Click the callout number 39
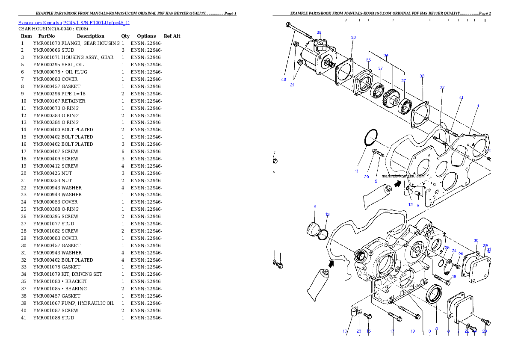click(x=319, y=32)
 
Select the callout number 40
click(x=284, y=80)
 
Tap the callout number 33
click(x=422, y=76)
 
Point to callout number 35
click(x=368, y=60)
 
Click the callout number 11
click(x=357, y=171)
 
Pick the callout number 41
click(x=461, y=98)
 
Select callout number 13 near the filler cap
click(x=327, y=214)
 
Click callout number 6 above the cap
click(x=315, y=207)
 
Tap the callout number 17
click(x=392, y=331)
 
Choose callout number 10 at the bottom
click(x=345, y=331)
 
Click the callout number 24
click(x=454, y=251)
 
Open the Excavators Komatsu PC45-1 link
click(x=74, y=22)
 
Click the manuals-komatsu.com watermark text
click(x=402, y=176)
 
